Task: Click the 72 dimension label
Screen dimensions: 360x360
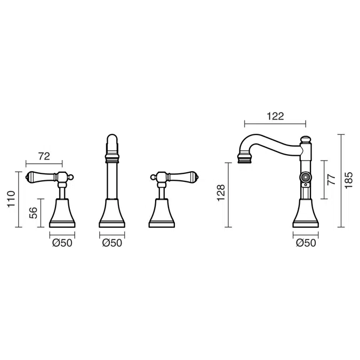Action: click(x=44, y=156)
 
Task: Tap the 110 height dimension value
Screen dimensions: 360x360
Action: click(x=11, y=199)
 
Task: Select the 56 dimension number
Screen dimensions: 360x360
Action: click(x=33, y=213)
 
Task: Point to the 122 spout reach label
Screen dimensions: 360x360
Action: click(x=275, y=116)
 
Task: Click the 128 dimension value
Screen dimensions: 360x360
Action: click(x=221, y=193)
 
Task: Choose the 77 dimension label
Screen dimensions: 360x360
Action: click(x=332, y=180)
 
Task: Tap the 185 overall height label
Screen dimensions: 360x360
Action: click(x=348, y=180)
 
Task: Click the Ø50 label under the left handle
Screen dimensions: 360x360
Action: click(x=62, y=243)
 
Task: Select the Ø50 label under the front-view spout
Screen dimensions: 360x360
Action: click(x=112, y=243)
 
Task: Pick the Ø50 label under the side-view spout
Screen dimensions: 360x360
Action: click(x=306, y=243)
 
